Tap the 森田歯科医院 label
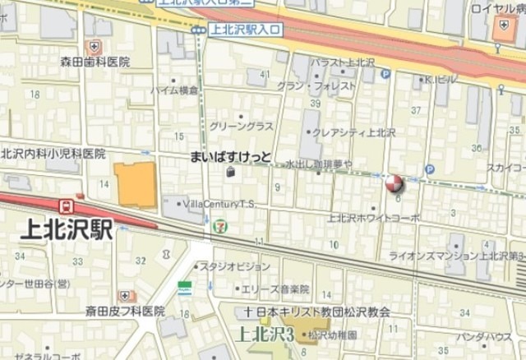pos(95,62)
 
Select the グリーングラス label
pos(242,126)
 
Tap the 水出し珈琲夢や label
pos(318,165)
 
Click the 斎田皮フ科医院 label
pos(125,312)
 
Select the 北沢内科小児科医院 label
pos(53,153)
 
